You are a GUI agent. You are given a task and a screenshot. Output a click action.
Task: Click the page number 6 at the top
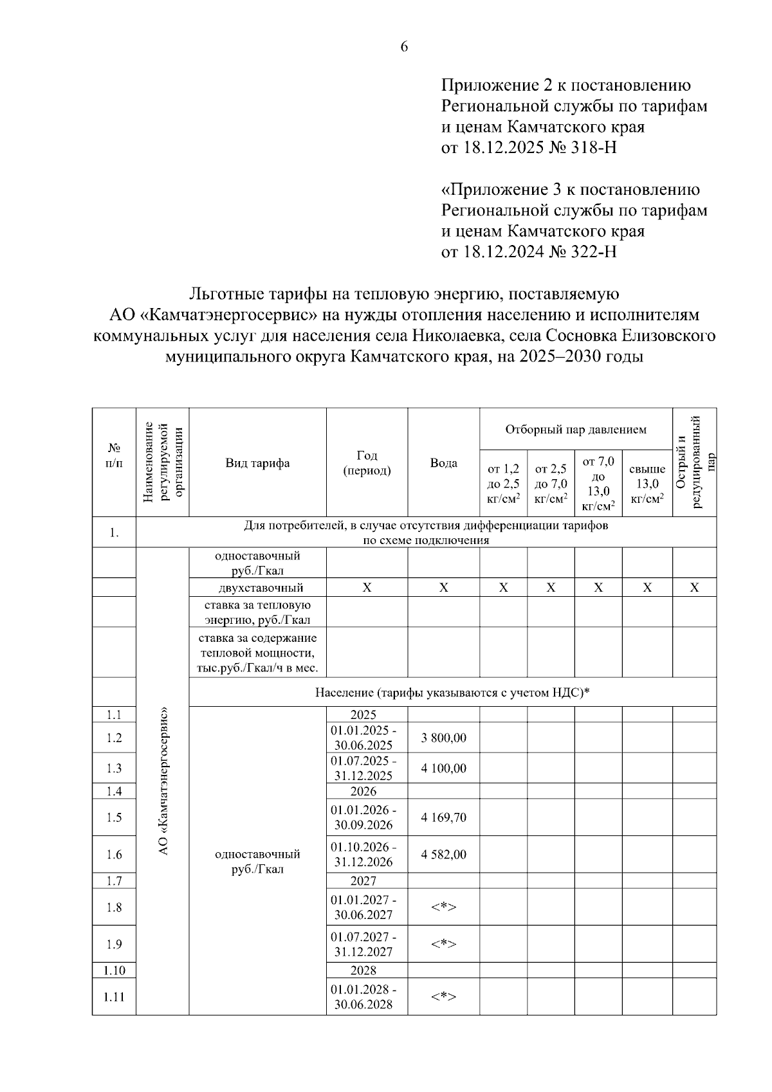click(x=404, y=46)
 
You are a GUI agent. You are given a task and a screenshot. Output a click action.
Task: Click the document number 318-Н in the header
click(x=593, y=148)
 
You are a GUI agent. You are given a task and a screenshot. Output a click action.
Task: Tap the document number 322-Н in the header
click(x=593, y=252)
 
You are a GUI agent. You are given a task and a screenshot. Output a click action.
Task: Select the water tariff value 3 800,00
click(x=443, y=738)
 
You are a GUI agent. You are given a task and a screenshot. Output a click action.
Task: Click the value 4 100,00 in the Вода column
click(x=443, y=768)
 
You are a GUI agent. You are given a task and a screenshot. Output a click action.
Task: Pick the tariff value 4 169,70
click(x=443, y=817)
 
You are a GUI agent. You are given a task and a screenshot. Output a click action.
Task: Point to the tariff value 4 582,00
click(x=443, y=854)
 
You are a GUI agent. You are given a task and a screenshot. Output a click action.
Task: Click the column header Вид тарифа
click(x=257, y=463)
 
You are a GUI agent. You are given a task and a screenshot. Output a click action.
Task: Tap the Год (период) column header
click(x=367, y=463)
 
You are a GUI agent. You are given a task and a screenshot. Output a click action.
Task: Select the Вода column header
click(x=443, y=463)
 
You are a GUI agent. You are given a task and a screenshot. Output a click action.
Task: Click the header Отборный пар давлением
click(x=576, y=429)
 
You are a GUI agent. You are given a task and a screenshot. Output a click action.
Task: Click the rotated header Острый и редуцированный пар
click(x=694, y=462)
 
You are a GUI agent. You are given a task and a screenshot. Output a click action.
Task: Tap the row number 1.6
click(x=114, y=854)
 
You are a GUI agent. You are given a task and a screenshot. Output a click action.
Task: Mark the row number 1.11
click(x=114, y=997)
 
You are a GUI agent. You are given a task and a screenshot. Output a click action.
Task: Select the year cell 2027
click(x=363, y=880)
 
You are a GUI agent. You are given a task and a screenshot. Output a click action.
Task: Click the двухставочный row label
click(x=257, y=588)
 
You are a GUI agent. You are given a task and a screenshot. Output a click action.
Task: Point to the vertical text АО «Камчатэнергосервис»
click(x=163, y=781)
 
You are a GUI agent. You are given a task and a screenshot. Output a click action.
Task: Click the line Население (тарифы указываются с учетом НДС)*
click(x=452, y=693)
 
